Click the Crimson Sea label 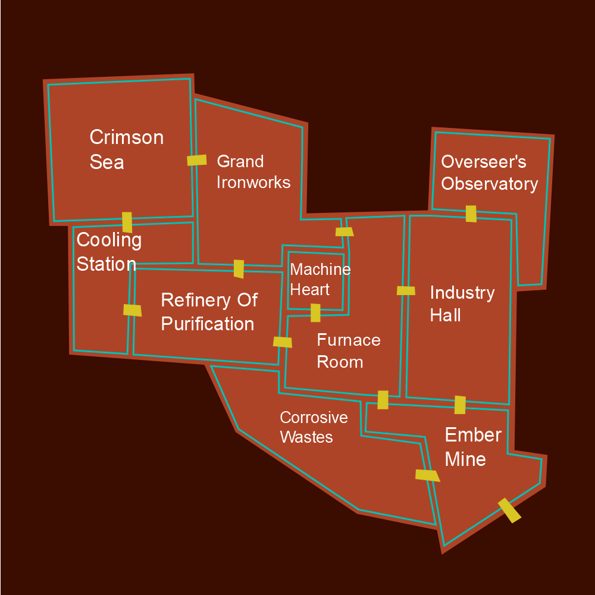tap(126, 149)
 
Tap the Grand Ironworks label tap(253, 171)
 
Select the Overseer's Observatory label tap(489, 173)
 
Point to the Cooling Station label tap(109, 252)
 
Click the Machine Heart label tap(320, 279)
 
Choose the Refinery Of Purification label tap(209, 312)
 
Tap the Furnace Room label tap(348, 350)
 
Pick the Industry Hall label tap(462, 303)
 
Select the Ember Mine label tap(472, 447)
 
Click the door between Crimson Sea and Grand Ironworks tap(197, 160)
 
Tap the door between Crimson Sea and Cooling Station tap(127, 222)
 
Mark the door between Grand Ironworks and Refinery tap(239, 268)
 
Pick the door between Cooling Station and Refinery tap(132, 310)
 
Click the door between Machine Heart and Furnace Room tap(315, 312)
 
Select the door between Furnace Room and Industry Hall tap(406, 290)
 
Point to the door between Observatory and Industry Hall tap(471, 214)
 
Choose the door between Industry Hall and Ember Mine tap(460, 405)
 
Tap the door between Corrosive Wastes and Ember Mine tap(427, 475)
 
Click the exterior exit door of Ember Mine tap(509, 511)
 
